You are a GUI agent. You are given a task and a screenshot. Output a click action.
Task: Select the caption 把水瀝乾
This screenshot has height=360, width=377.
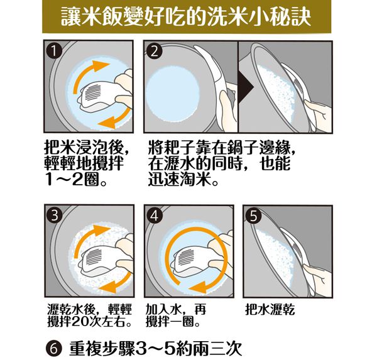coord(271,311)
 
